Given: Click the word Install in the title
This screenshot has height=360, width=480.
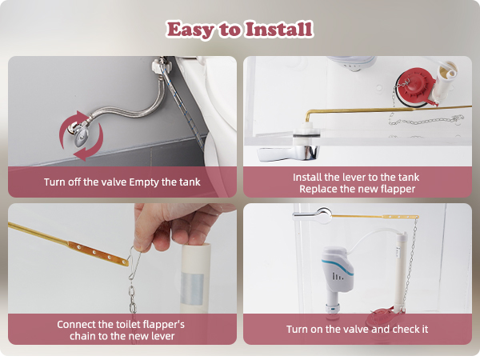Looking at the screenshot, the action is (279, 29).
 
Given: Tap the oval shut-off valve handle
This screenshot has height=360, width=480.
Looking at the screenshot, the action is (82, 137).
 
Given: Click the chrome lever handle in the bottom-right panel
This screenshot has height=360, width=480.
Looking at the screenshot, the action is (312, 214).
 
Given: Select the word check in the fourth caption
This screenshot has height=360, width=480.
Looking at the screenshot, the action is (402, 329).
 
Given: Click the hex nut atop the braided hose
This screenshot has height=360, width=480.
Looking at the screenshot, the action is (158, 65).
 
